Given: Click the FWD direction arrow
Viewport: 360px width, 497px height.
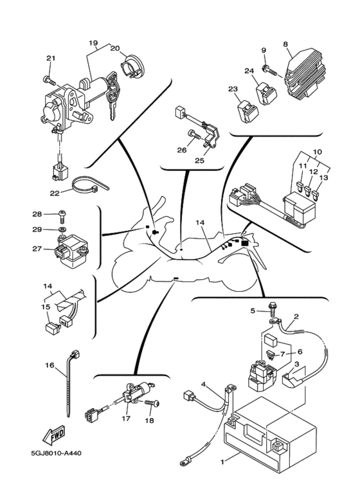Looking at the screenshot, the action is click(54, 435).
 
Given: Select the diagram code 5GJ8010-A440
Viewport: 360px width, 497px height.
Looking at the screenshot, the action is click(56, 453).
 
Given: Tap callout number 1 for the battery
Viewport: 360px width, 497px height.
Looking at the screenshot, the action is click(222, 462).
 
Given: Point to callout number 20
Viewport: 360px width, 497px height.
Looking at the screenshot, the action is click(115, 48).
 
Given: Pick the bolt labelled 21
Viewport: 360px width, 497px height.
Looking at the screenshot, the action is click(48, 80).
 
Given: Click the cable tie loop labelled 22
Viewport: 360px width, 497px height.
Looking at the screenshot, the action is click(90, 185).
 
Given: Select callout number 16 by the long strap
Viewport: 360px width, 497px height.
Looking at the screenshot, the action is click(50, 365).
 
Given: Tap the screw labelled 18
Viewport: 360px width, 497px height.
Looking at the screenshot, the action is click(152, 403).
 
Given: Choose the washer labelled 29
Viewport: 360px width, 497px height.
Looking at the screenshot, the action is click(62, 229).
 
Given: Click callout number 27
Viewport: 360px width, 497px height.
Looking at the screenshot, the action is click(37, 249).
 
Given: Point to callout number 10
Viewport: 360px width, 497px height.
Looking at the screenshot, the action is click(317, 152).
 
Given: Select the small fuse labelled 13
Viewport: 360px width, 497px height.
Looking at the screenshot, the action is click(316, 195).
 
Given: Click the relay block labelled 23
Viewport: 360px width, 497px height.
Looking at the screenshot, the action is click(248, 111).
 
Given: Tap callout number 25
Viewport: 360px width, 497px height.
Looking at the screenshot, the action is click(199, 160).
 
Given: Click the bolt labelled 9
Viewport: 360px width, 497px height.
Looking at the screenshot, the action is click(268, 69).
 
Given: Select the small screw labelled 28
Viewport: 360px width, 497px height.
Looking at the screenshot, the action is click(62, 216).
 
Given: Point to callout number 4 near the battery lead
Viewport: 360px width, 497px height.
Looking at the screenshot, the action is click(203, 384).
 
